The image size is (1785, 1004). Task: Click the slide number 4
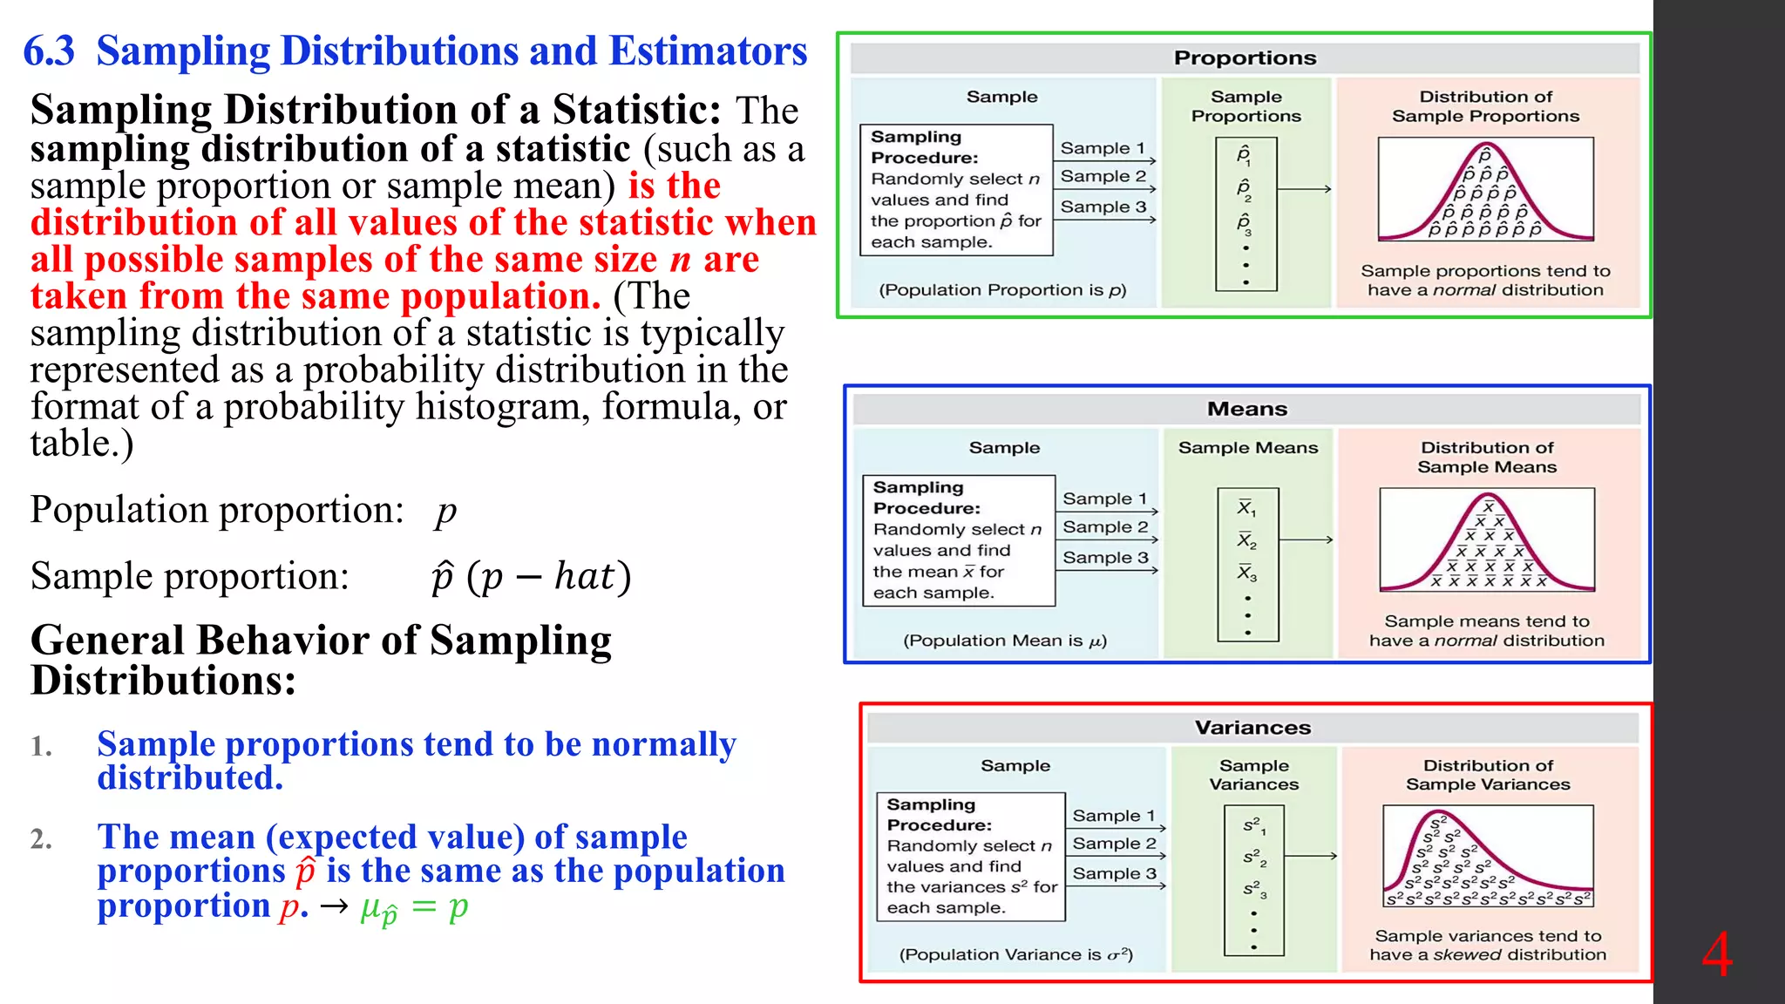[x=1717, y=955]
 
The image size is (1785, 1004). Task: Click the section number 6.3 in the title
[x=49, y=51]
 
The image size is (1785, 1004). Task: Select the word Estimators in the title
[x=708, y=51]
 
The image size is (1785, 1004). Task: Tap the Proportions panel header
[x=1245, y=58]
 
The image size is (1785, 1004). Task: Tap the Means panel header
[x=1246, y=409]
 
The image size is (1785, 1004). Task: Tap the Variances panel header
[x=1252, y=728]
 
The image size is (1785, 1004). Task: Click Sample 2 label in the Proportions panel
[x=1103, y=177]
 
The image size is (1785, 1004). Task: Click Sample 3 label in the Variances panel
[x=1114, y=873]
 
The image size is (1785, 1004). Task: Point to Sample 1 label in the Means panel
[x=1104, y=499]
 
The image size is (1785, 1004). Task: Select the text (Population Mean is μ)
[x=1005, y=641]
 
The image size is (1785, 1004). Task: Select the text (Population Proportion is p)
[x=1002, y=290]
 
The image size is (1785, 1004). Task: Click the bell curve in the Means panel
[x=1487, y=540]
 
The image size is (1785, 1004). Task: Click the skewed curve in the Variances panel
[x=1487, y=858]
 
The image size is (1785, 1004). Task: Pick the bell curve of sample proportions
[x=1485, y=189]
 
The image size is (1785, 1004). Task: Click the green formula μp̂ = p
[x=414, y=908]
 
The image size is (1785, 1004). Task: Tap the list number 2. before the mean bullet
[x=41, y=839]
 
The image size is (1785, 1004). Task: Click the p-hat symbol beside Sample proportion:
[x=443, y=577]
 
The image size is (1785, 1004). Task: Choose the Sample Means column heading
[x=1248, y=448]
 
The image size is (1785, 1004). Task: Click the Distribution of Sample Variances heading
[x=1488, y=775]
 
